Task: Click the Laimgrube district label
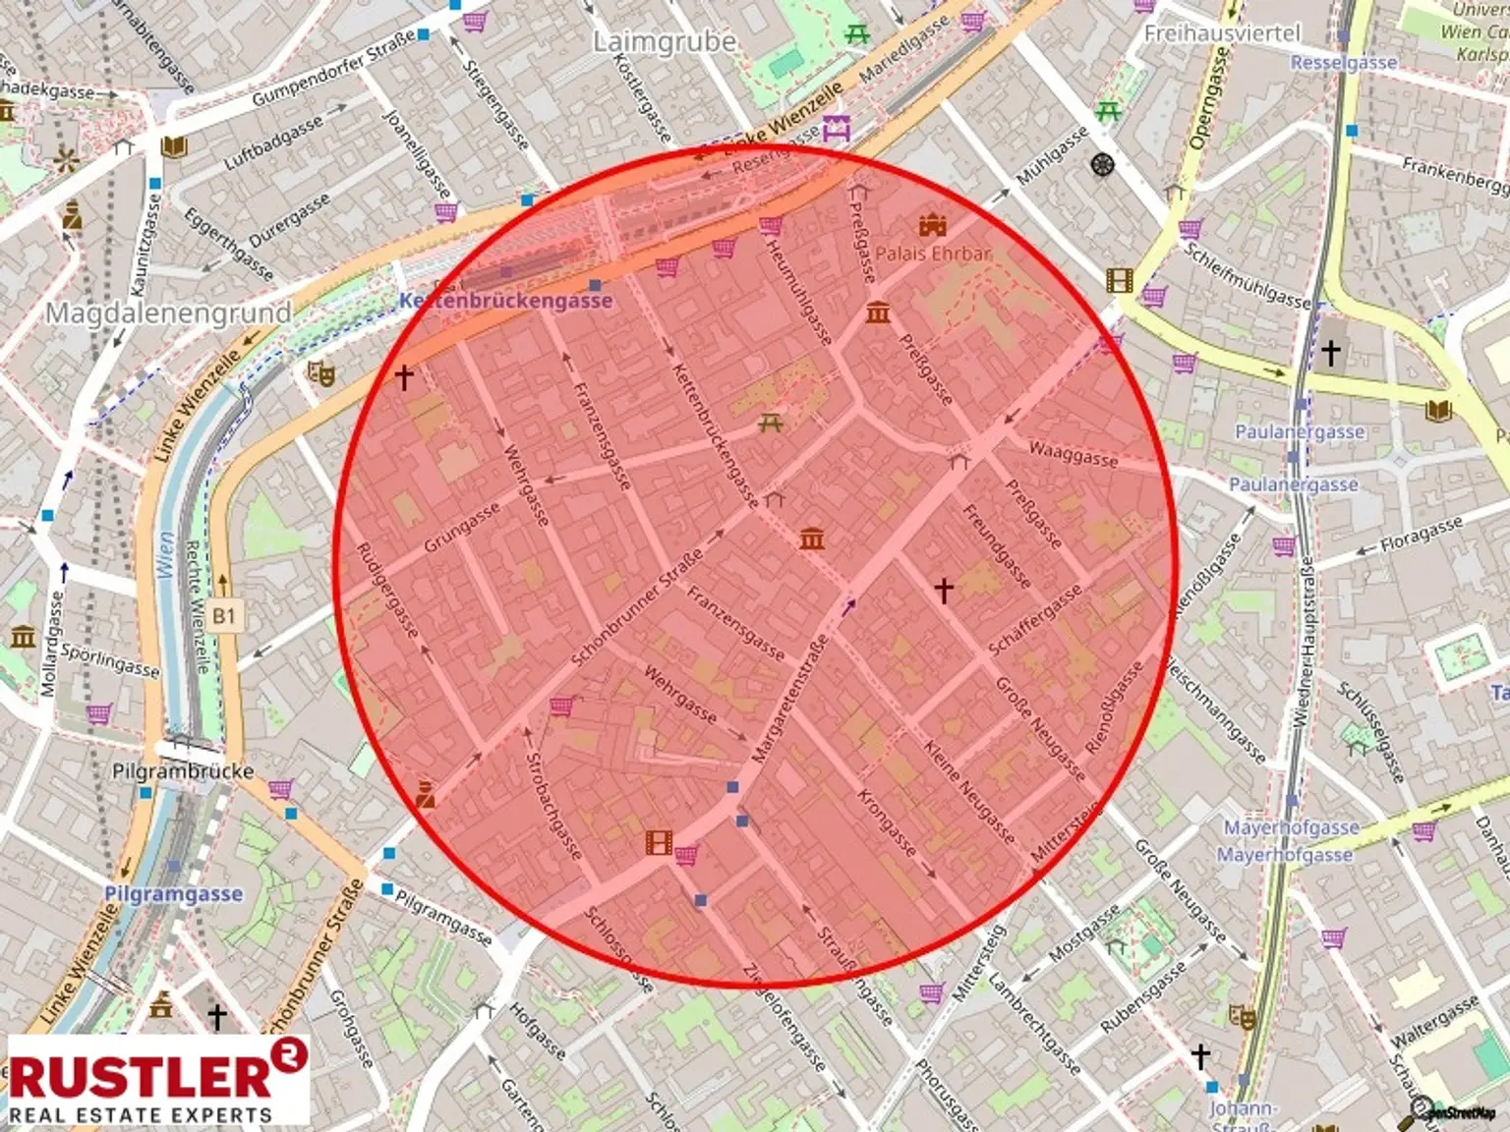[x=664, y=42]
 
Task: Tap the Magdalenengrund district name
[x=169, y=313]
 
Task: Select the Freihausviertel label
[x=1221, y=33]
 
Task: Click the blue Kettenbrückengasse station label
[x=505, y=301]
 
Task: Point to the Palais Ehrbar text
[x=933, y=254]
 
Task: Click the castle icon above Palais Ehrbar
[x=932, y=226]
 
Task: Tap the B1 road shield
[x=224, y=616]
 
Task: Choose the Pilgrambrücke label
[x=183, y=771]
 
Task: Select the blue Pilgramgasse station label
[x=173, y=894]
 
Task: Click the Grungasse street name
[x=461, y=528]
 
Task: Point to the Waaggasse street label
[x=1073, y=454]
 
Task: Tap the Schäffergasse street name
[x=1034, y=620]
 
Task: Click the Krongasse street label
[x=887, y=822]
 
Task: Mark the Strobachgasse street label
[x=554, y=807]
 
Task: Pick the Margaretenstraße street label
[x=790, y=700]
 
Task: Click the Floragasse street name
[x=1421, y=536]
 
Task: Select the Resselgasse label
[x=1343, y=63]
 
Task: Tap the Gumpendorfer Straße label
[x=333, y=70]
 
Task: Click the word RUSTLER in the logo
[x=140, y=1076]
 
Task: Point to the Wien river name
[x=165, y=556]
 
